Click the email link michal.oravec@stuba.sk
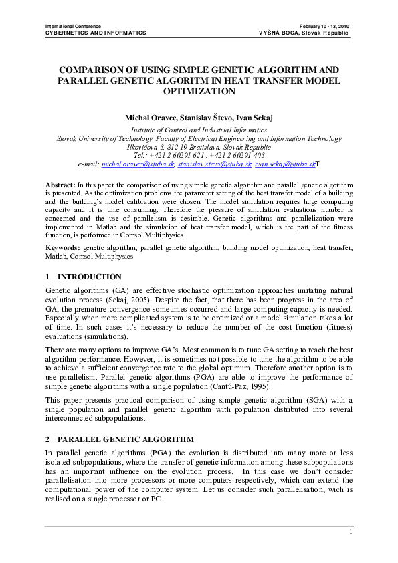(x=138, y=163)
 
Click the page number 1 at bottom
(x=351, y=532)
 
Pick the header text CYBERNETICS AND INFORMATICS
(x=95, y=33)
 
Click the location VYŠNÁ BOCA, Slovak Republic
(x=304, y=33)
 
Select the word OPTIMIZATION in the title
(x=199, y=90)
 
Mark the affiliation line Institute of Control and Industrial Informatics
(x=199, y=130)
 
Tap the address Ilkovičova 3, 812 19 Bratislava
(x=175, y=147)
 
